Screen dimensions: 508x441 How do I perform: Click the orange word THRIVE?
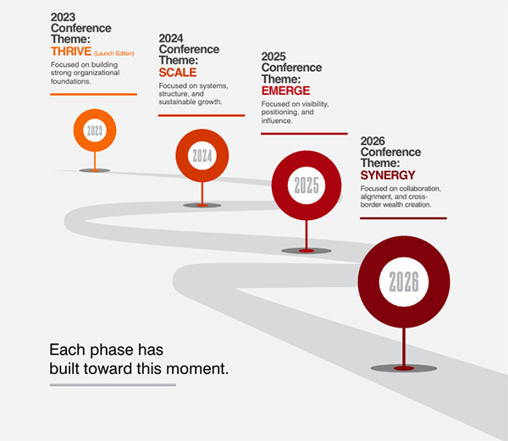[71, 52]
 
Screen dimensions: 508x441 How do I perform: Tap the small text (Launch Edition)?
[114, 53]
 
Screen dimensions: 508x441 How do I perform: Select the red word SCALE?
[178, 73]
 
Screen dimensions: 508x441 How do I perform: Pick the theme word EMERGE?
[286, 91]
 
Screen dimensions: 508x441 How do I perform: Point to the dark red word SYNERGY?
[388, 175]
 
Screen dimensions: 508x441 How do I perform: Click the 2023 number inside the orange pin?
[95, 130]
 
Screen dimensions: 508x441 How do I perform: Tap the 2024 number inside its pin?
[202, 156]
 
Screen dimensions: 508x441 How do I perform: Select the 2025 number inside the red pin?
[306, 185]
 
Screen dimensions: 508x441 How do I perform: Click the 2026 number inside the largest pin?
[404, 282]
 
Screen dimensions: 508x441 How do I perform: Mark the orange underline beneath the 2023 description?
[94, 94]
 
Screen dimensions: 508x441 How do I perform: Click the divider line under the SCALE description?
[202, 115]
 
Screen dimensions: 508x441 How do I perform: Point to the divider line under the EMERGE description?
[304, 134]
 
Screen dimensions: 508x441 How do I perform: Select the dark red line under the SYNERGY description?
[403, 218]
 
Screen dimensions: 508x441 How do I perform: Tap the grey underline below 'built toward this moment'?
[113, 385]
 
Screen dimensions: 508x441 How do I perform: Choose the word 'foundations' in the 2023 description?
[70, 81]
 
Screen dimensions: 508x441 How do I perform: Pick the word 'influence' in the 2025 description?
[277, 121]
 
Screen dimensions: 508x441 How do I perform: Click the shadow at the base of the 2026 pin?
[404, 368]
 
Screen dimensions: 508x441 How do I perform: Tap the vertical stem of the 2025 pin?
[306, 234]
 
